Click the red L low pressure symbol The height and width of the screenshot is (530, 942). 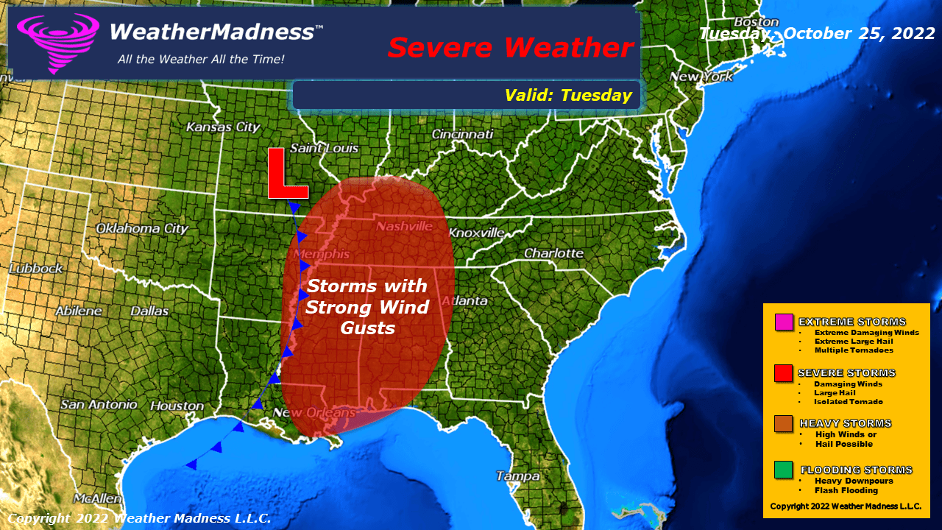286,174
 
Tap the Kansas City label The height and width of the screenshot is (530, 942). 223,127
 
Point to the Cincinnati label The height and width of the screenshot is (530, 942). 462,134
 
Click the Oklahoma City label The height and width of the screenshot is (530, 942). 142,228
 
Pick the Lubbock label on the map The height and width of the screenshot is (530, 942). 36,269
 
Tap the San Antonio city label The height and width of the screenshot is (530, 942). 99,404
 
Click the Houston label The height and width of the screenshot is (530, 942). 177,406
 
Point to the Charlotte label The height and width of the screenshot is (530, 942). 553,253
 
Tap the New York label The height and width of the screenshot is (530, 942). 701,77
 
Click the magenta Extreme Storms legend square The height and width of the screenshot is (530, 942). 784,322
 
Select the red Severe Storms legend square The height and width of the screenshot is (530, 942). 784,374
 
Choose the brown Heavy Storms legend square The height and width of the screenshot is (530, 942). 784,424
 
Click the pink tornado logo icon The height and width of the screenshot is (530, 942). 57,43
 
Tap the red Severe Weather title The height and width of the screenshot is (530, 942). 510,48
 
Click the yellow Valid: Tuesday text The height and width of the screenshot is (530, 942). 568,95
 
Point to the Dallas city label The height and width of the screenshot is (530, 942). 149,311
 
